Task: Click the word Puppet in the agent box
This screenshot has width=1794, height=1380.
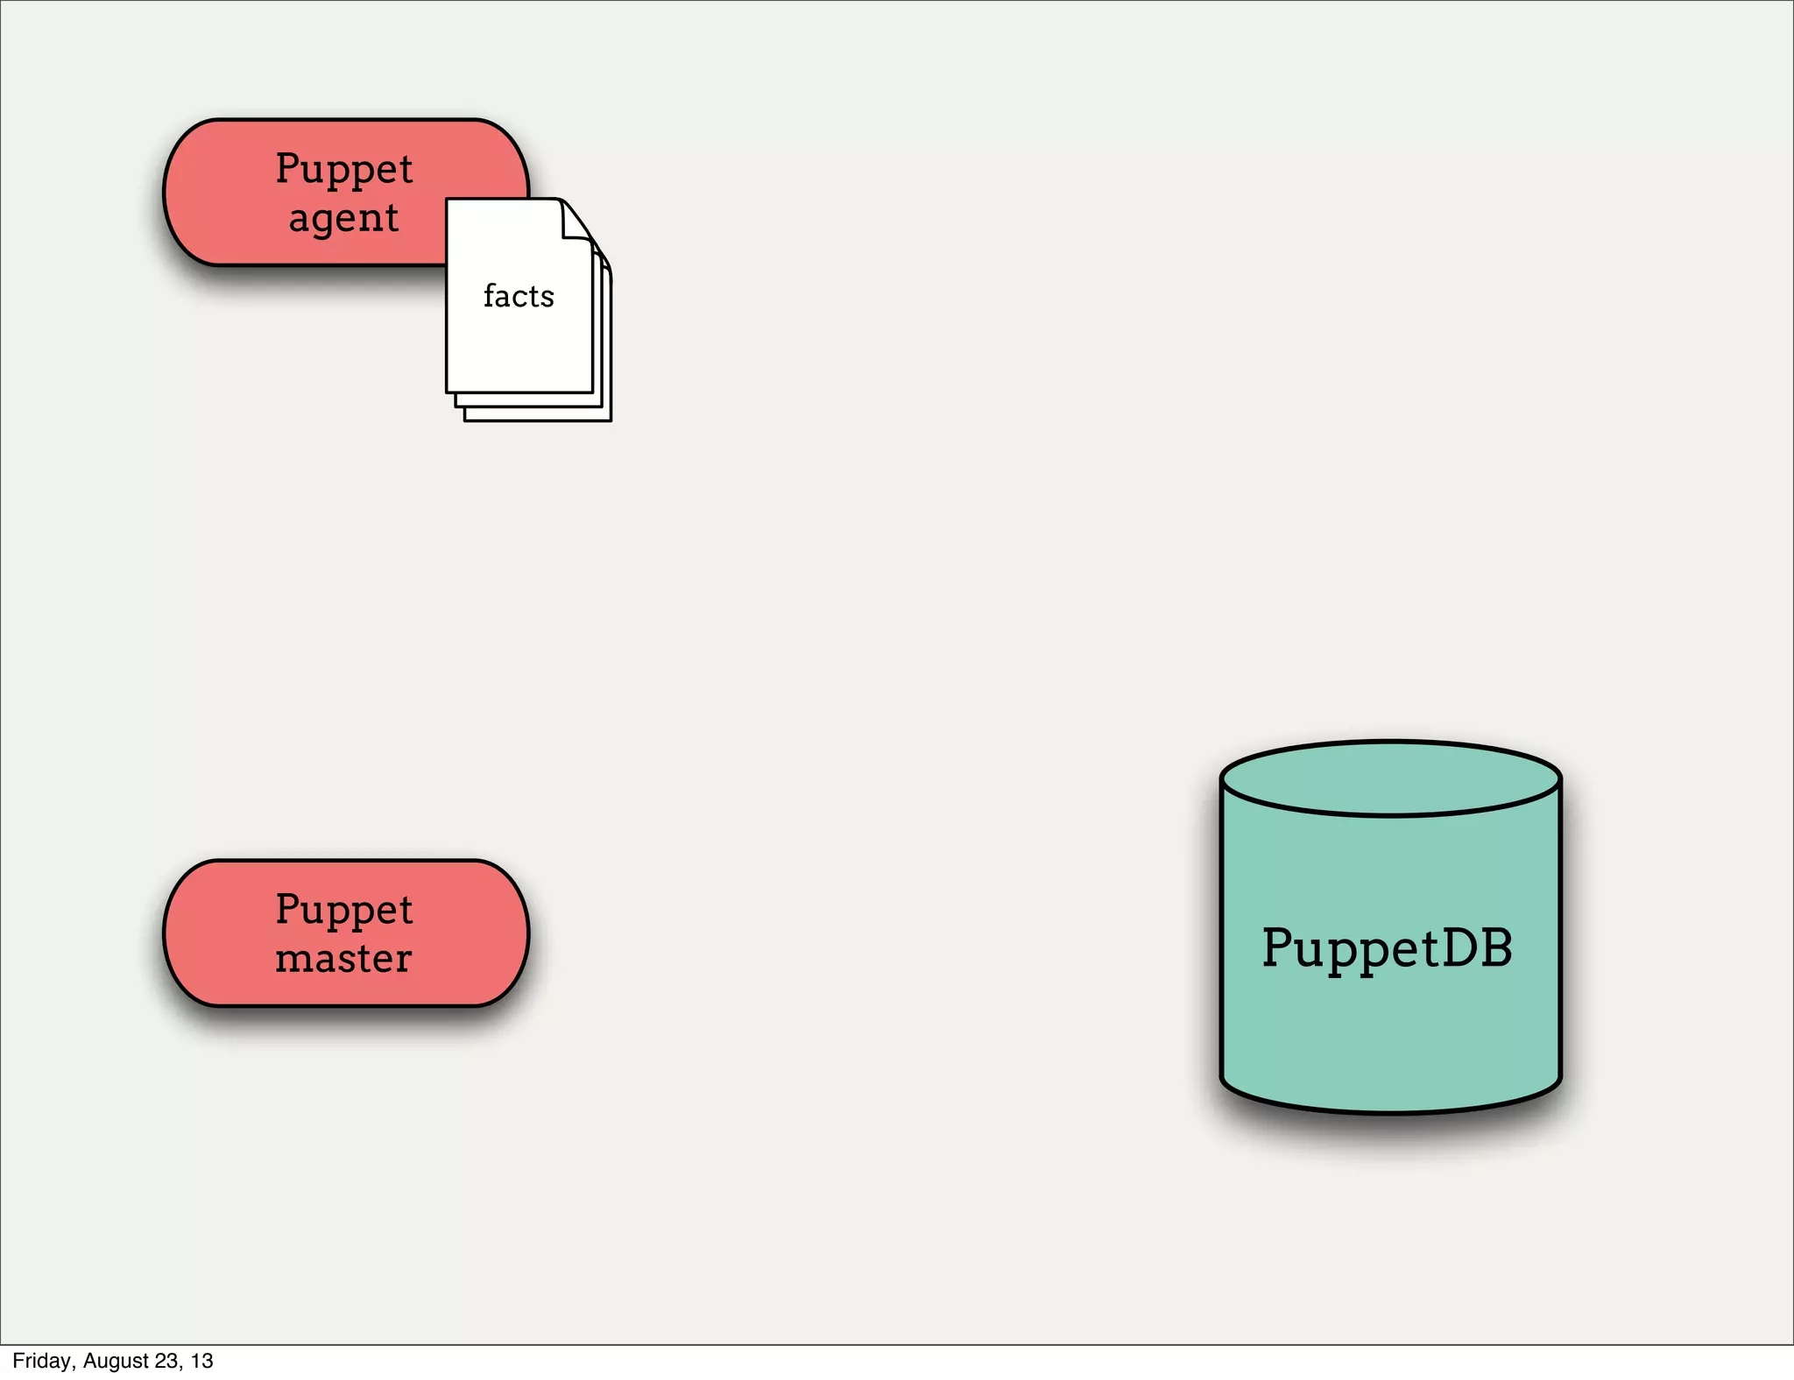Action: point(343,169)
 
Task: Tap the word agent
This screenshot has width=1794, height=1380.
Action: point(343,219)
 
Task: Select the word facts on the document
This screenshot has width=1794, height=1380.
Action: point(519,296)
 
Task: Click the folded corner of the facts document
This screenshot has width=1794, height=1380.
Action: point(576,219)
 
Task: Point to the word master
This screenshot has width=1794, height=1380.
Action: point(343,958)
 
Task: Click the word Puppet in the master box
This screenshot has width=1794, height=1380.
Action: point(343,909)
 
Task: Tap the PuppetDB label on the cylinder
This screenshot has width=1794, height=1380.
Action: point(1387,948)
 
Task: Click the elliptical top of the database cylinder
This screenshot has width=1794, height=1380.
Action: point(1390,778)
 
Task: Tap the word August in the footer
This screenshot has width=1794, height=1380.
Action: point(116,1361)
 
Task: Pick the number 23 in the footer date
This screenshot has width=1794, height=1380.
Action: point(167,1361)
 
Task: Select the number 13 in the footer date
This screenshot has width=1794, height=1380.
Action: point(202,1361)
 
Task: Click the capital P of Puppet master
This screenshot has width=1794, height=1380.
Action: point(288,908)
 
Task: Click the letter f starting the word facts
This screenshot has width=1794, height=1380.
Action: point(490,295)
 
